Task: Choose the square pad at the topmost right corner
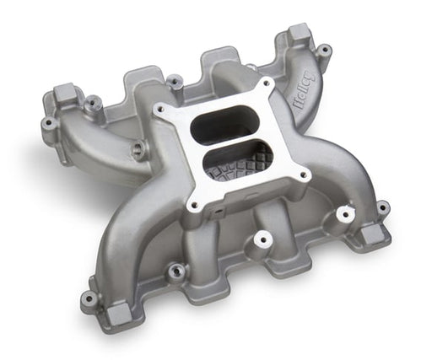[300, 34]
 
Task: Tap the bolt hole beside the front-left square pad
[89, 298]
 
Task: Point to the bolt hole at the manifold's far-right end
[383, 207]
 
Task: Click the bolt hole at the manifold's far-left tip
[48, 124]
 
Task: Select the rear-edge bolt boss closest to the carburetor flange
[174, 81]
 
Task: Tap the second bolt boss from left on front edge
[176, 271]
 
